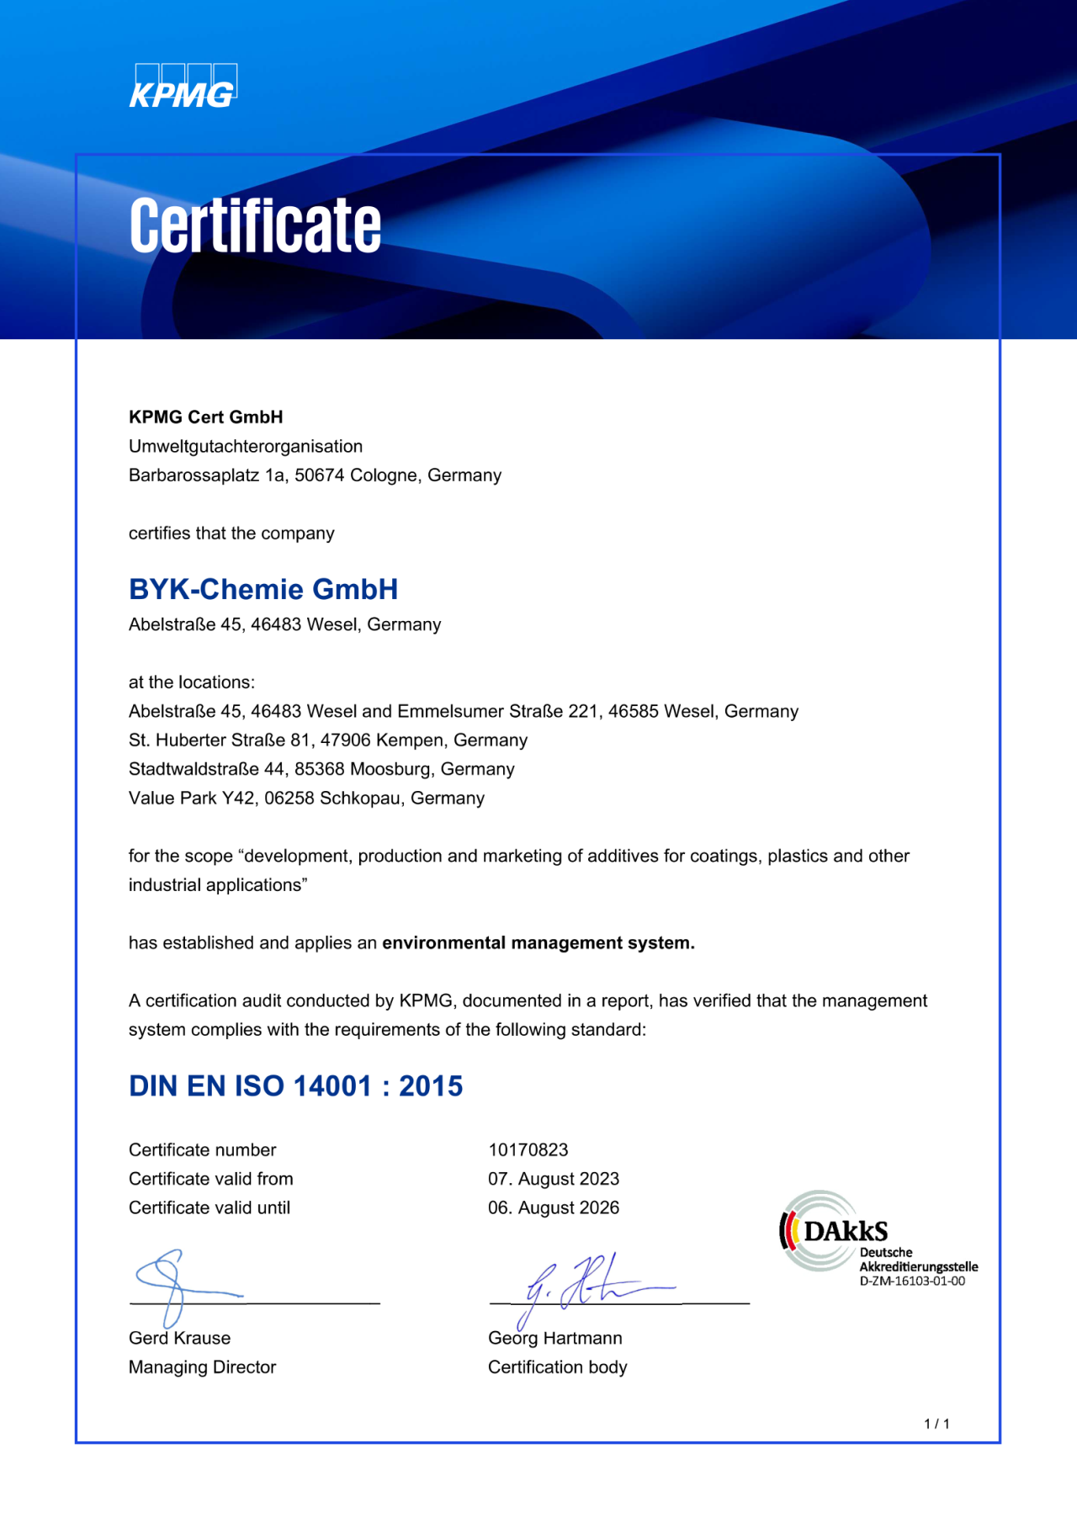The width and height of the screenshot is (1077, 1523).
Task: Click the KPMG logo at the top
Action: click(183, 88)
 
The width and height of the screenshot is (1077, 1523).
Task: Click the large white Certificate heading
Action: click(255, 226)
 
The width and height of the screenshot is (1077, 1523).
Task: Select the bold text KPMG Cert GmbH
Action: click(205, 417)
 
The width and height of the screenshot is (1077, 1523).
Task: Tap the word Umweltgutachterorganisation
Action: click(245, 446)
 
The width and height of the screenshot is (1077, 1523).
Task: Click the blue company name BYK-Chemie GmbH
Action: click(263, 589)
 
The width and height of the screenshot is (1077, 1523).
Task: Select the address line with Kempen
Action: click(327, 740)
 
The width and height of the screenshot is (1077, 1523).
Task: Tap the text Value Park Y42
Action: click(191, 798)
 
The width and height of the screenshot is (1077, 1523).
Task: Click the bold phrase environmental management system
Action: click(538, 943)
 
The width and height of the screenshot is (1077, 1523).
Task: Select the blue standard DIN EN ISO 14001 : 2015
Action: click(295, 1086)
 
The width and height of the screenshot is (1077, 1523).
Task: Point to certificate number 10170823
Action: click(528, 1150)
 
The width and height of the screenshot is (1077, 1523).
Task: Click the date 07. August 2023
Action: click(553, 1179)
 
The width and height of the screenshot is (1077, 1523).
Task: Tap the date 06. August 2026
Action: click(553, 1208)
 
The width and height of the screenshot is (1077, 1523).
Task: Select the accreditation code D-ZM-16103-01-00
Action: click(912, 1282)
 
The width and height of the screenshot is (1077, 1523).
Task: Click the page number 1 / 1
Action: click(936, 1424)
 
